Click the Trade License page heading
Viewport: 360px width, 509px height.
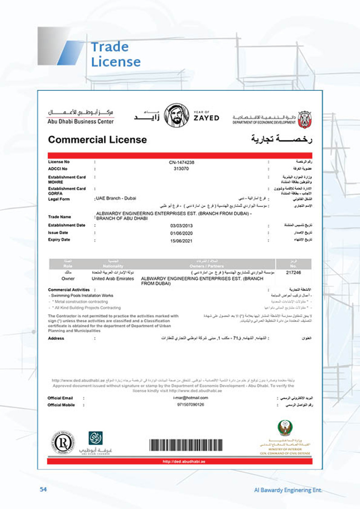point(116,54)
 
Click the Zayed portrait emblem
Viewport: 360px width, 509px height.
point(176,115)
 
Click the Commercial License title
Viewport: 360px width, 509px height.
point(97,139)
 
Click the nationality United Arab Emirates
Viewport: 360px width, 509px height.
point(113,279)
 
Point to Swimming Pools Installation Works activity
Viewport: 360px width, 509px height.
point(81,295)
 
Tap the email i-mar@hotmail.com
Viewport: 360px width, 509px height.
point(190,398)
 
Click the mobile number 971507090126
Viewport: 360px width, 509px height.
point(191,405)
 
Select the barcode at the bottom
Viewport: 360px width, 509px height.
point(185,445)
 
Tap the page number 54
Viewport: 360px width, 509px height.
point(44,489)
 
